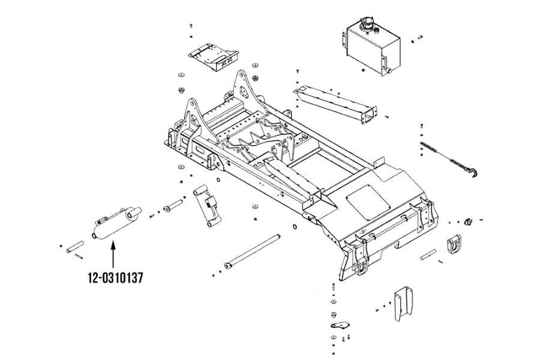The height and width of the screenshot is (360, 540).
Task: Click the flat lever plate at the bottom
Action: pyautogui.click(x=340, y=325)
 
